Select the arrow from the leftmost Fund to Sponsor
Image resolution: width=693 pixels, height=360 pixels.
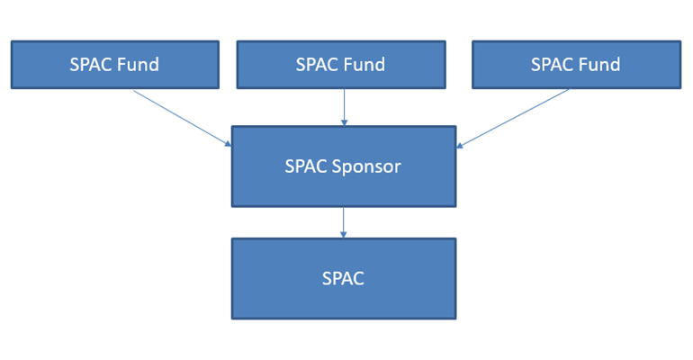(180, 117)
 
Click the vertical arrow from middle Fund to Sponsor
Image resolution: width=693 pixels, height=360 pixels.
(344, 107)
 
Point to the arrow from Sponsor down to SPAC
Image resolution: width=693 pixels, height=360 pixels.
(344, 222)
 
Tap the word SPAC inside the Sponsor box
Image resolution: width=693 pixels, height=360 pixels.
(308, 166)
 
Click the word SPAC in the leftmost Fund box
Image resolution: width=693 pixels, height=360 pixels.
(92, 65)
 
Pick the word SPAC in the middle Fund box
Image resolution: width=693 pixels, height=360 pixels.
(318, 65)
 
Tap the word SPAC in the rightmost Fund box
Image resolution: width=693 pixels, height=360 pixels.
(553, 65)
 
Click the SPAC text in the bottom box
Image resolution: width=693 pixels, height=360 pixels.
(343, 279)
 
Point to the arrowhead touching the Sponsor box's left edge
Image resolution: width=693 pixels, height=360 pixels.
(228, 144)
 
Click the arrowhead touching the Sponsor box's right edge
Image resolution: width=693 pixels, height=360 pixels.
(460, 145)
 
